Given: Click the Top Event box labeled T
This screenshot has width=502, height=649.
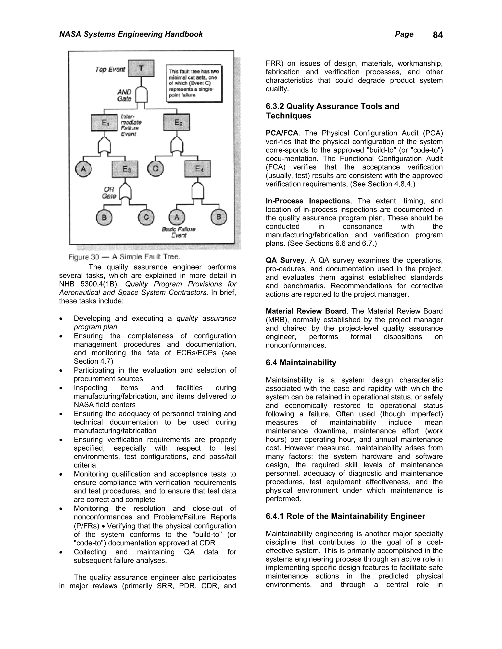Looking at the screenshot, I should point(141,68).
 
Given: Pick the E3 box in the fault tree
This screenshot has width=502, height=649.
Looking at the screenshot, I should point(125,169).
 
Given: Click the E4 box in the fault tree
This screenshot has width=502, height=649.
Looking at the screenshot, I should point(198,168).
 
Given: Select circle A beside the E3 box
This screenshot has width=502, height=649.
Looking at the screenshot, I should point(84,169).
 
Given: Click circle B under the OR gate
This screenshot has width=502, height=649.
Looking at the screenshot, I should point(104,217).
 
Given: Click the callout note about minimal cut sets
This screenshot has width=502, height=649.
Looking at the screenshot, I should point(194,83).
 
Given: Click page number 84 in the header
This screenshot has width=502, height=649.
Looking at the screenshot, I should point(438,35).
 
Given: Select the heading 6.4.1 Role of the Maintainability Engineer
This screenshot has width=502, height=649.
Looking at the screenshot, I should point(345,516).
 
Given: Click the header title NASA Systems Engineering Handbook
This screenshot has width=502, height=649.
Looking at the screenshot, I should point(131,34).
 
